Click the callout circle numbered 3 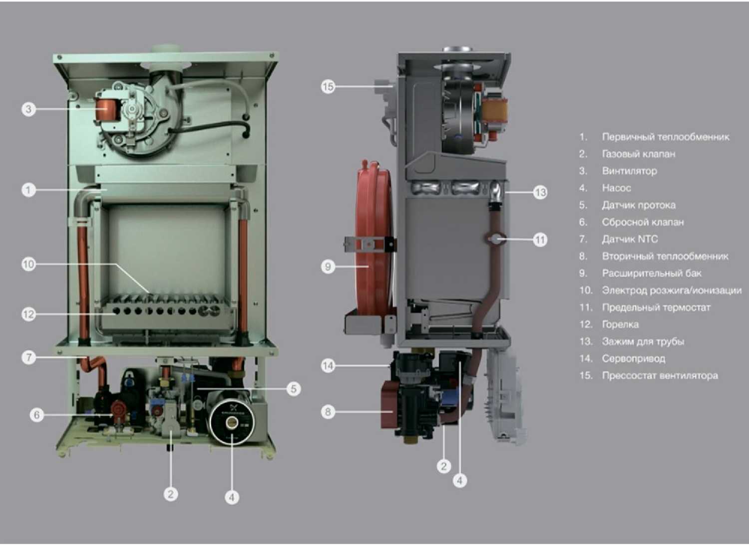coord(28,109)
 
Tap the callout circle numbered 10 coord(28,264)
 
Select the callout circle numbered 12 coord(28,314)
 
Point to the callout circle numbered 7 coord(28,357)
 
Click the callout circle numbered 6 coord(36,415)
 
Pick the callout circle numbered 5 coord(294,389)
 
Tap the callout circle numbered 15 coord(328,87)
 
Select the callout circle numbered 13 coord(540,192)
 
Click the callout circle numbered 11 coord(540,240)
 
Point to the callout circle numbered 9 coord(328,267)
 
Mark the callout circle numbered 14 coord(328,366)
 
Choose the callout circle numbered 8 coord(328,412)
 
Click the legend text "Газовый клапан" coord(638,154)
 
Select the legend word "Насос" coord(616,188)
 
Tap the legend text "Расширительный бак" coord(651,273)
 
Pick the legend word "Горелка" coord(620,324)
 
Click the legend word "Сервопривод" coord(633,359)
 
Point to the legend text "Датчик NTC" coord(630,240)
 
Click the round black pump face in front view coord(232,422)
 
